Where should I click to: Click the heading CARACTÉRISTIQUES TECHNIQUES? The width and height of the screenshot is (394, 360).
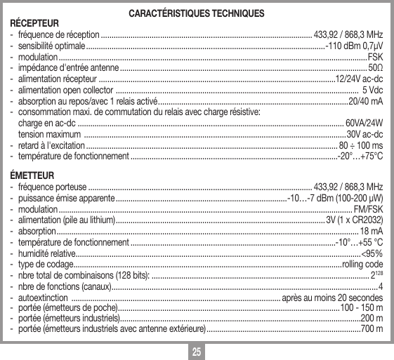click(x=197, y=14)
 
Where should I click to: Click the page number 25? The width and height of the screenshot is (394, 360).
click(x=197, y=349)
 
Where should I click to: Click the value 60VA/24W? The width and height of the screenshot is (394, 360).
click(x=364, y=123)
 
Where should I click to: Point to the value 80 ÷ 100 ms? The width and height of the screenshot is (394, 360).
click(x=360, y=145)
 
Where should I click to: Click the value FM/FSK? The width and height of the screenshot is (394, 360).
click(x=368, y=209)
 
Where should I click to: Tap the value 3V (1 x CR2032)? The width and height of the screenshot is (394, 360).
click(x=354, y=220)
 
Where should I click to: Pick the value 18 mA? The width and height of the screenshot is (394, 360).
click(x=371, y=231)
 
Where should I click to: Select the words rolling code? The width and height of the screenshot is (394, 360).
click(x=362, y=264)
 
